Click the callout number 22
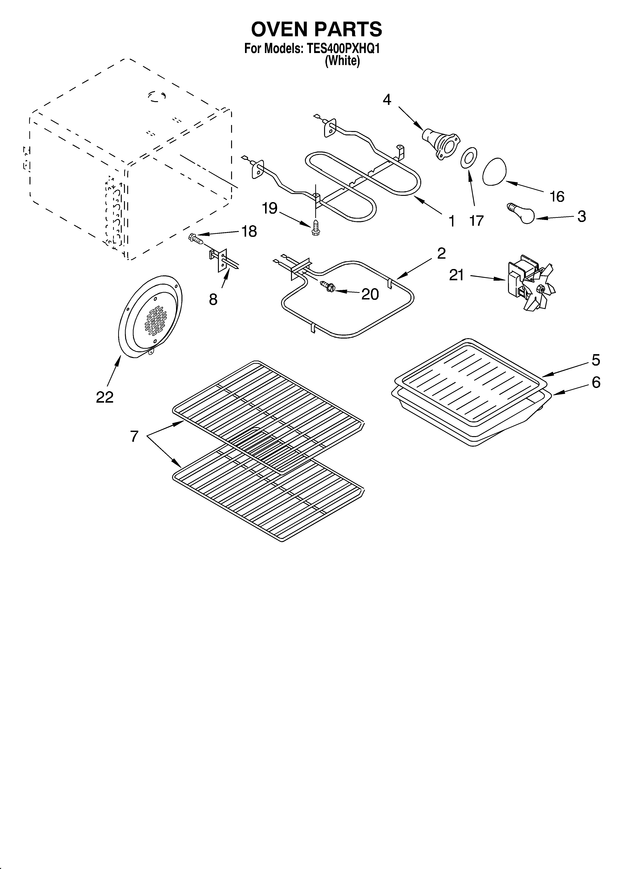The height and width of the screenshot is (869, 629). [105, 397]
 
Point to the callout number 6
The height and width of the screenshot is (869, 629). [596, 382]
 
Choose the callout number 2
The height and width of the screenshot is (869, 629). [441, 253]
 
